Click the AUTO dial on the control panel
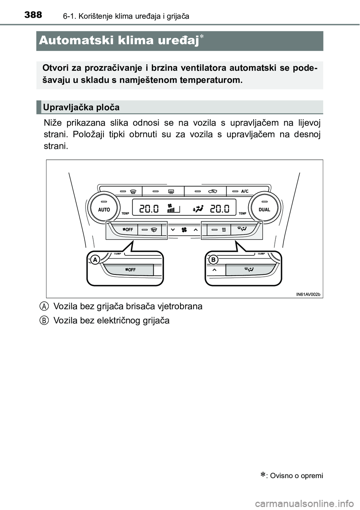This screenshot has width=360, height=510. click(104, 209)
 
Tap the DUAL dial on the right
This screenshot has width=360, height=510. click(264, 209)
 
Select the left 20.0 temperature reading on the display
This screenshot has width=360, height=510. click(149, 208)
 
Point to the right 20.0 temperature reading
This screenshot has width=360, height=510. click(220, 208)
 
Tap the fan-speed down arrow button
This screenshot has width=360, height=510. click(172, 229)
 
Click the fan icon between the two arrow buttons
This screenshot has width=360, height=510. click(184, 229)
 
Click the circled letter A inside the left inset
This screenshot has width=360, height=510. click(96, 259)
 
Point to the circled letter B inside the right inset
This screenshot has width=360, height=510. click(213, 259)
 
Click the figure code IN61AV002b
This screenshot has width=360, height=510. click(308, 294)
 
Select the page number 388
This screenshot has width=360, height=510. click(33, 15)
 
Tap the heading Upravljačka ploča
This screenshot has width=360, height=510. click(81, 108)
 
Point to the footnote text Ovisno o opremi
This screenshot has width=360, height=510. click(296, 476)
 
